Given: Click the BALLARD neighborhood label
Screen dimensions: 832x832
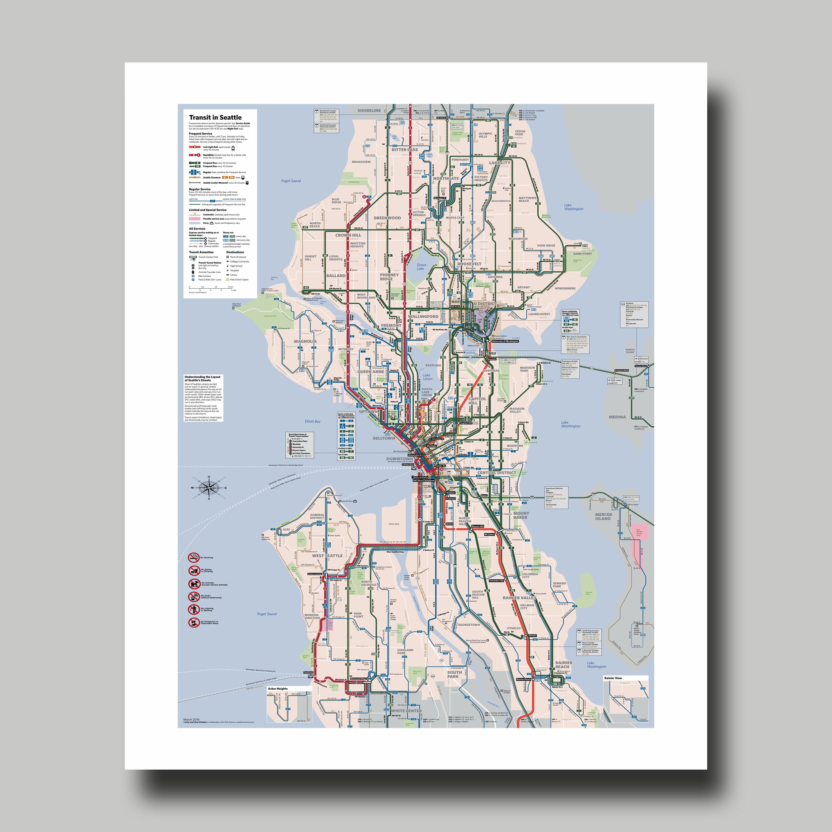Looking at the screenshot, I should coord(336,276).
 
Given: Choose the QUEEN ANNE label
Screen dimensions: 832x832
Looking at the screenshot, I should coord(370,372).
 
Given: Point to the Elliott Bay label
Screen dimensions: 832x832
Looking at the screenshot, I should coord(312,422).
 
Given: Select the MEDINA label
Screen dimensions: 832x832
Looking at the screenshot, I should coord(617,417).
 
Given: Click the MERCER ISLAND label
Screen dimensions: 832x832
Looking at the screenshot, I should coord(603,516).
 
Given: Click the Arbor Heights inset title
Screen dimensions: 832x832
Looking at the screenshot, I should coord(278,689).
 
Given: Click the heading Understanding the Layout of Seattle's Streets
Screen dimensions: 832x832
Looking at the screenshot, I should coord(202,379).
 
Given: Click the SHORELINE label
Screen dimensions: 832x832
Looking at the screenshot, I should coord(369,111).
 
